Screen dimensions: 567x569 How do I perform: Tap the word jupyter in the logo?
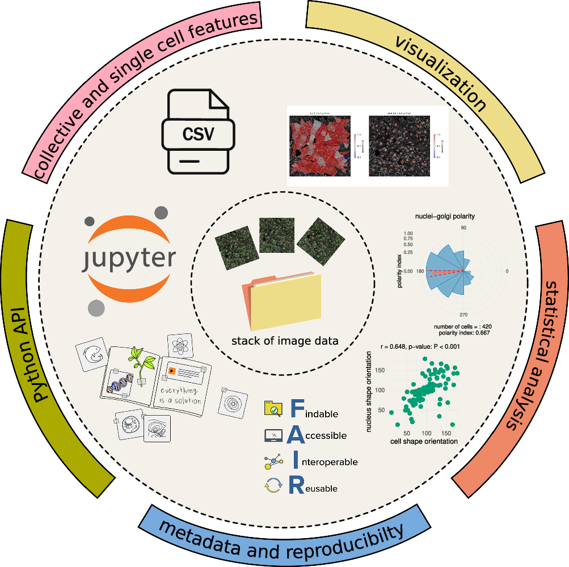click(x=129, y=259)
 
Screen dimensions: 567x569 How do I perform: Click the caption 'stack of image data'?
click(x=285, y=341)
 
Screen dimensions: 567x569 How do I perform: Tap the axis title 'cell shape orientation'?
click(x=425, y=441)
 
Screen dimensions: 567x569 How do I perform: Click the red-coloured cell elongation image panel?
click(x=319, y=146)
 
